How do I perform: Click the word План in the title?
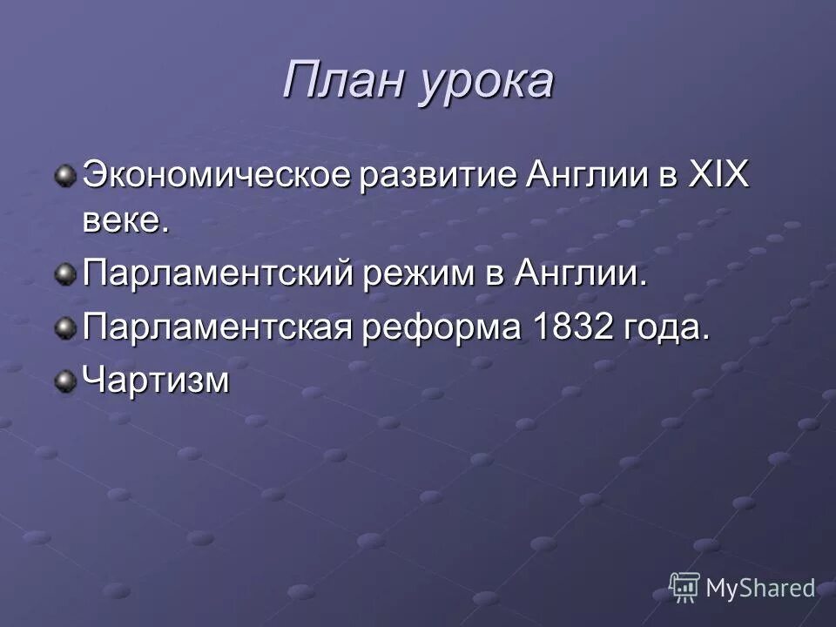(340, 81)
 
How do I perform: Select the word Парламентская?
(219, 329)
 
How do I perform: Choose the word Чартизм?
(157, 381)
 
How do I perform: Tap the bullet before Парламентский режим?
(64, 276)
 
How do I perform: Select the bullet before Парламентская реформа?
(64, 328)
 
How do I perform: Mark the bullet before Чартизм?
(64, 381)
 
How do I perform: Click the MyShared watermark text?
(760, 589)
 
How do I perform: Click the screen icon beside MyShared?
(684, 587)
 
